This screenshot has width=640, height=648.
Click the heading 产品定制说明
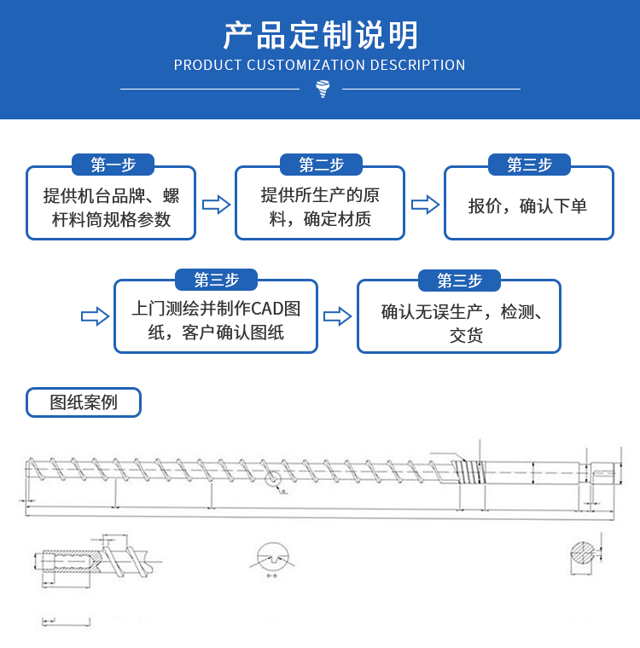coord(320,35)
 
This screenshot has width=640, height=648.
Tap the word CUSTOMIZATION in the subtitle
coord(296,66)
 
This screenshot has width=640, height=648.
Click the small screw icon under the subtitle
coord(322,88)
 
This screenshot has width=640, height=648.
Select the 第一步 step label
coord(112,165)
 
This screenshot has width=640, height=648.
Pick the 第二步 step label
coord(321,165)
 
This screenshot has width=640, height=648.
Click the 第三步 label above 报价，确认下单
coord(529,165)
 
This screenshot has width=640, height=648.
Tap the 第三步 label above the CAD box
coord(216,280)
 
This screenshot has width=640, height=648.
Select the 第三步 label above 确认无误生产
coord(459,280)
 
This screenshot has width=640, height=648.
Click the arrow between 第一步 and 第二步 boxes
coord(216,205)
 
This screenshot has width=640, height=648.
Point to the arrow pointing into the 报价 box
coord(425,205)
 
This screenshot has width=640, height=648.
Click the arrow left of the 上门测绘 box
coord(95,316)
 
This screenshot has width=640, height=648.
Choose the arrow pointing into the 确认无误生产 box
coord(338,316)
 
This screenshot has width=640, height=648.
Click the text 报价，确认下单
coord(527,205)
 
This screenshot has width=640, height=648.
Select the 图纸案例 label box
coord(84,402)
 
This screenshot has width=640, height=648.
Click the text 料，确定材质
coord(320,219)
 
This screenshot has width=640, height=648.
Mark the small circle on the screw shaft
coord(273,479)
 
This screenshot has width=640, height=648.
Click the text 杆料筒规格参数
coord(112,219)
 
